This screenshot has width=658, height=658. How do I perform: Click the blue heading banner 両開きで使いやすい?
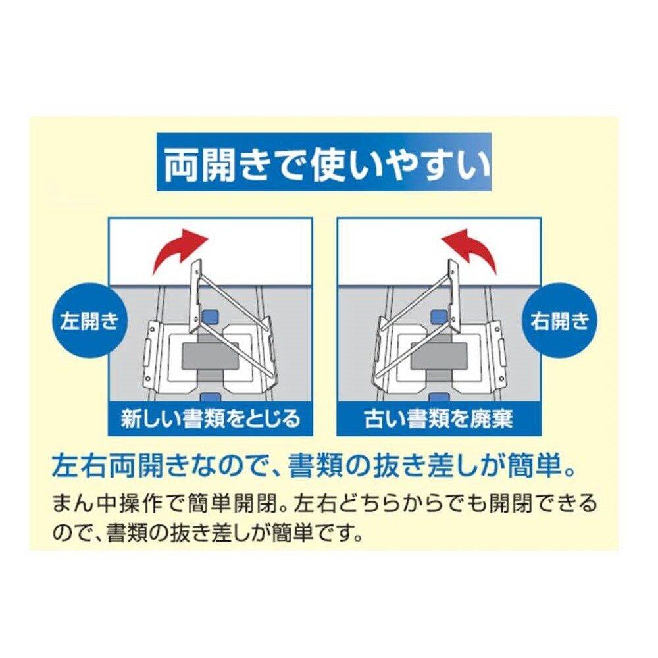(x=324, y=162)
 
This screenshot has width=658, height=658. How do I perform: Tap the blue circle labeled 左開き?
(x=89, y=322)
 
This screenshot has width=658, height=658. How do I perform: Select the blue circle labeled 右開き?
(x=560, y=322)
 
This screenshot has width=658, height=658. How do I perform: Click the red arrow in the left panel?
(x=178, y=252)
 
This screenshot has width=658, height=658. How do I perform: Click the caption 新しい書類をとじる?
(x=211, y=418)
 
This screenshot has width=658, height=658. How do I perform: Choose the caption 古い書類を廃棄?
(x=439, y=418)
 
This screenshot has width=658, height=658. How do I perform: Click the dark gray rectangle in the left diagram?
(x=211, y=356)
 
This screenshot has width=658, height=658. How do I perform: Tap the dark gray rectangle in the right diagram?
(x=439, y=355)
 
